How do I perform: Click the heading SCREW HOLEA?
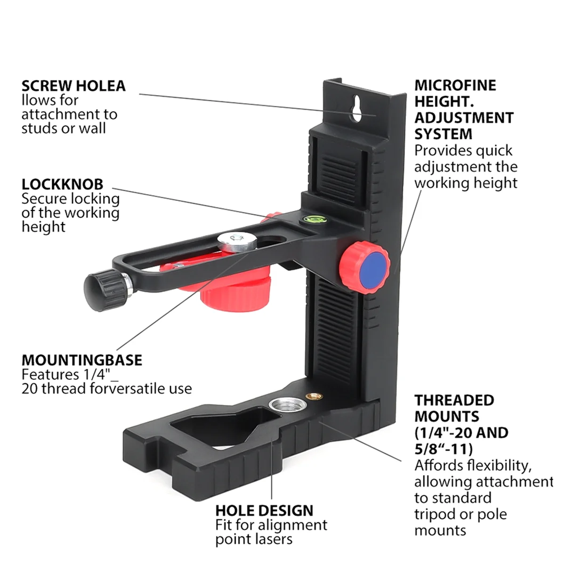click(x=73, y=86)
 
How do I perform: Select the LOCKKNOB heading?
click(x=62, y=184)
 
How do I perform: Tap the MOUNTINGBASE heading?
click(x=82, y=360)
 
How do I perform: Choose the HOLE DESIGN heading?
click(x=264, y=510)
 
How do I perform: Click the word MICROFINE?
click(x=455, y=85)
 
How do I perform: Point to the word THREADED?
click(x=454, y=400)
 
